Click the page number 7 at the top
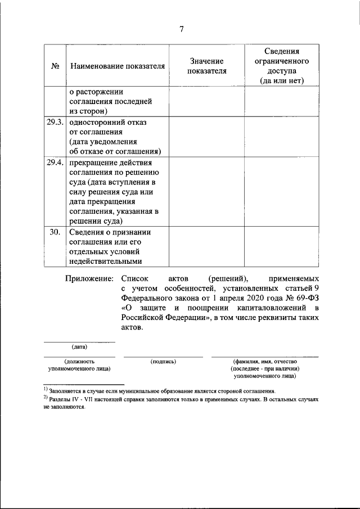coord(182,29)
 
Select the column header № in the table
coord(56,66)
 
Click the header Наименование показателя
coord(118,66)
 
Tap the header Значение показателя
coord(206,66)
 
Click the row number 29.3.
coord(55,121)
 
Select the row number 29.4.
coord(55,162)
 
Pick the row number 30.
coord(55,232)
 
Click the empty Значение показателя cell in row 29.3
coord(206,136)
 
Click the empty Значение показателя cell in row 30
coord(206,246)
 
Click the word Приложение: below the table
coord(89,278)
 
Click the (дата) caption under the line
coord(79,346)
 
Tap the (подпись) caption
coord(163,361)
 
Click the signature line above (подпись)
coord(163,357)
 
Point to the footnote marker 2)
coord(46,398)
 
